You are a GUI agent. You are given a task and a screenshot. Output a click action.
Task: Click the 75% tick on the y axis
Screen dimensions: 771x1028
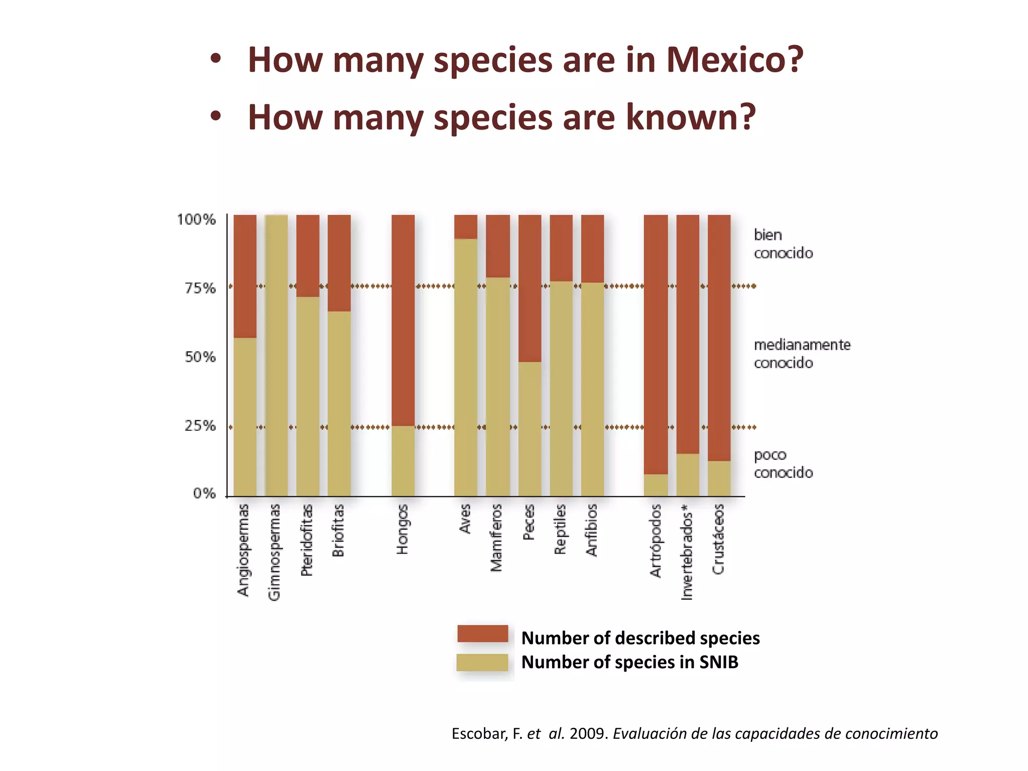click(200, 288)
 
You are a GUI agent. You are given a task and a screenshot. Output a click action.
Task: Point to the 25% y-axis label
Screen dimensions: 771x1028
click(200, 426)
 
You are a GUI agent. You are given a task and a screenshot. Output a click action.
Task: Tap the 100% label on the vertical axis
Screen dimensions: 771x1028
click(196, 219)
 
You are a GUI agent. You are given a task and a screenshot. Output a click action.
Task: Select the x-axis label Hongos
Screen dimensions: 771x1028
click(403, 529)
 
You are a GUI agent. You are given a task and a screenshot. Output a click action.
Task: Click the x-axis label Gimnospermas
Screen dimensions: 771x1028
click(274, 552)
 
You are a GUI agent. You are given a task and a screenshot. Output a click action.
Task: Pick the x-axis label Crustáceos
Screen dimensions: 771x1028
click(718, 539)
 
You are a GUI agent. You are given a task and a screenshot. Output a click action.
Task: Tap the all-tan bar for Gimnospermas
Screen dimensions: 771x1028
click(277, 355)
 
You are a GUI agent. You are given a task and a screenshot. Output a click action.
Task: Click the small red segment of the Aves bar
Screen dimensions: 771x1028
click(465, 226)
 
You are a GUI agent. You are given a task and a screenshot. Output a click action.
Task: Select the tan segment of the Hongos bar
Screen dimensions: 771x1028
click(403, 461)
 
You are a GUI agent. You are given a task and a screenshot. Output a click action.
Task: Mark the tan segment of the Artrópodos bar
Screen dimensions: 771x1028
click(656, 485)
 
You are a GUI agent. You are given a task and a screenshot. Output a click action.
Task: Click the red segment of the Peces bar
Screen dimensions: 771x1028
click(530, 288)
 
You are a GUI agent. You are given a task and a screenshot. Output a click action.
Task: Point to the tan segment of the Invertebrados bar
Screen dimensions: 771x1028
click(687, 475)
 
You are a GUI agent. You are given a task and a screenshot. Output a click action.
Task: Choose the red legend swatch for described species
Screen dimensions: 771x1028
click(482, 633)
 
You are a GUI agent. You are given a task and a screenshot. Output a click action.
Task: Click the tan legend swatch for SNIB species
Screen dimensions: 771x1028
click(482, 663)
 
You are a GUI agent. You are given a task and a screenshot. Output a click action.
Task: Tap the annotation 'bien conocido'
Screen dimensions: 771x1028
click(783, 244)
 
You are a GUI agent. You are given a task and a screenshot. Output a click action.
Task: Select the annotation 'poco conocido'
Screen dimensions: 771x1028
click(783, 464)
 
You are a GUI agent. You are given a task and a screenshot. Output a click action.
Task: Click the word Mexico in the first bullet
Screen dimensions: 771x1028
click(734, 60)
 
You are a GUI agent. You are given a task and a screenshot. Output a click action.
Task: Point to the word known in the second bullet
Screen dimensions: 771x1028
click(690, 117)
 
